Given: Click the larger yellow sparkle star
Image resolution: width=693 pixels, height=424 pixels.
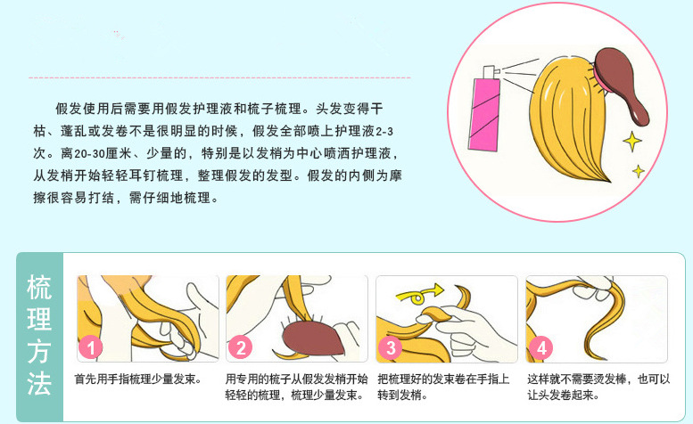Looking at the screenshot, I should coord(631,140).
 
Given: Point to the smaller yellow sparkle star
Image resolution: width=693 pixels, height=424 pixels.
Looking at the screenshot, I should coord(638,169).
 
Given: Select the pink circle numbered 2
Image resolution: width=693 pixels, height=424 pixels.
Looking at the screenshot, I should coord(241,348).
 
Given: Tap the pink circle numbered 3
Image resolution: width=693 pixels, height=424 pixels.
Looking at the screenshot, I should coord(390,348).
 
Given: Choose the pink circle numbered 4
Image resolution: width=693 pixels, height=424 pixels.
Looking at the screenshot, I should coord(539,348).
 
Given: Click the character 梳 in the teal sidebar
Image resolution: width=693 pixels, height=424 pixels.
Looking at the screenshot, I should coord(39,288).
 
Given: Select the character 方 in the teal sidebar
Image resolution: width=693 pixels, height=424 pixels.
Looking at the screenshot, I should coord(39,352).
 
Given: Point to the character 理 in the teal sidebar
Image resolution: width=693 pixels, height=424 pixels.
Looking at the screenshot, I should coord(39,320).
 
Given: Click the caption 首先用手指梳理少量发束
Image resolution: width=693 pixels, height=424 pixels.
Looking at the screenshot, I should coord(137,379).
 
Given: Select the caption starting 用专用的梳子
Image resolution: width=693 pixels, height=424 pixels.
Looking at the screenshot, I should coord(296,387).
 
